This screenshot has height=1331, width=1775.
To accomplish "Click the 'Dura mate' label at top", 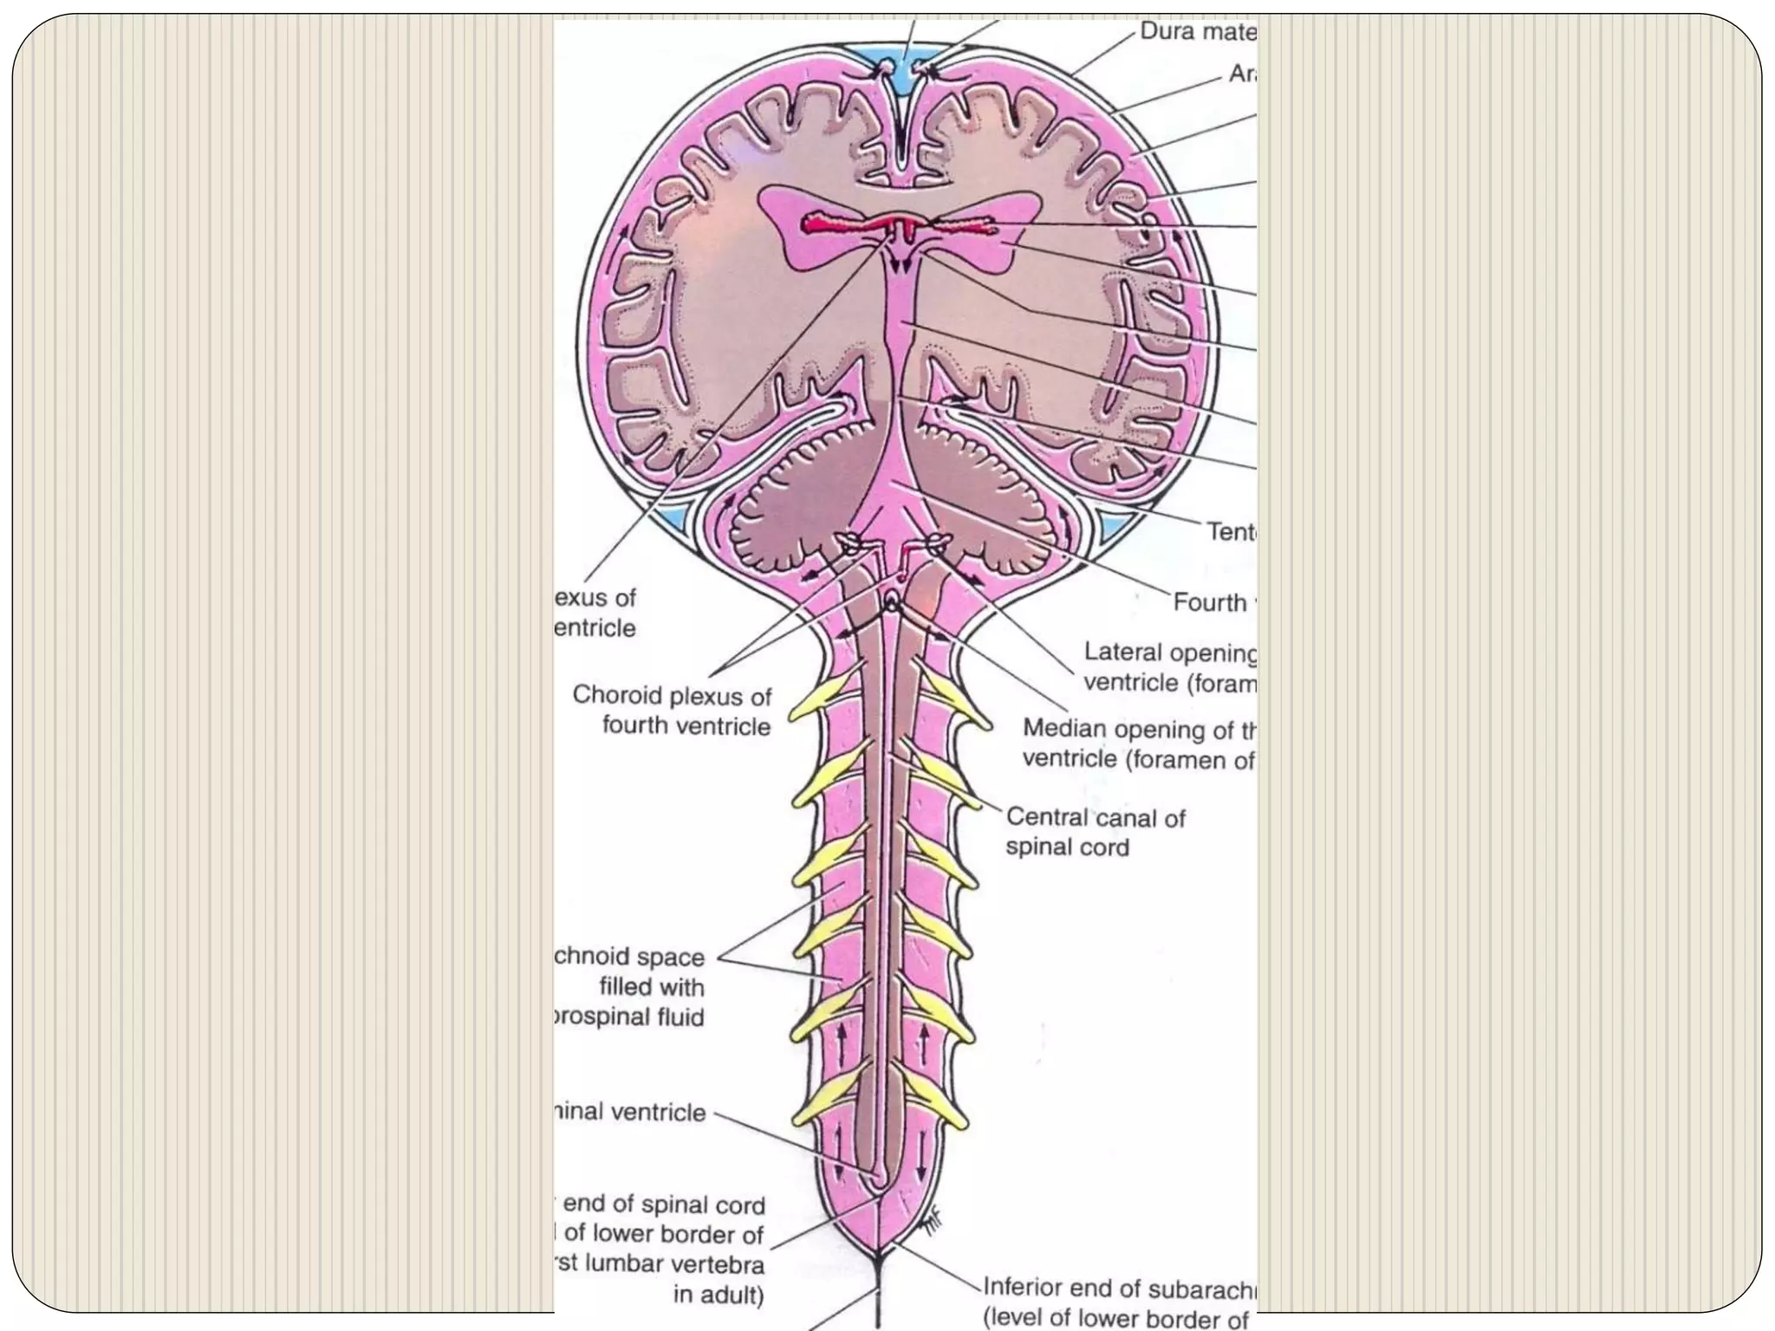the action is pyautogui.click(x=1197, y=32).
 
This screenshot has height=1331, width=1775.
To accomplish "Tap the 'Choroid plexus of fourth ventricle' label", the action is pyautogui.click(x=673, y=710).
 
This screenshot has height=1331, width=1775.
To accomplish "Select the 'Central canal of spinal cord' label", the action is pyautogui.click(x=1095, y=832).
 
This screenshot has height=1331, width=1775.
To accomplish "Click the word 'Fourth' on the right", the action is pyautogui.click(x=1209, y=602).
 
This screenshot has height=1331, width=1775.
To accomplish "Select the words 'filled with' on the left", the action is pyautogui.click(x=652, y=987).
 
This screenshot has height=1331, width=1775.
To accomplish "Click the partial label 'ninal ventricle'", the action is pyautogui.click(x=630, y=1112).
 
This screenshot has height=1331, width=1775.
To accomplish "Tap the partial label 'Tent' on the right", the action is pyautogui.click(x=1232, y=531).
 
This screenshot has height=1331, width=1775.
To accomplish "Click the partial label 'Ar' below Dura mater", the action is pyautogui.click(x=1242, y=75).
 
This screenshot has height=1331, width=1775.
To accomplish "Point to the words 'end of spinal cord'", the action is pyautogui.click(x=664, y=1205).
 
